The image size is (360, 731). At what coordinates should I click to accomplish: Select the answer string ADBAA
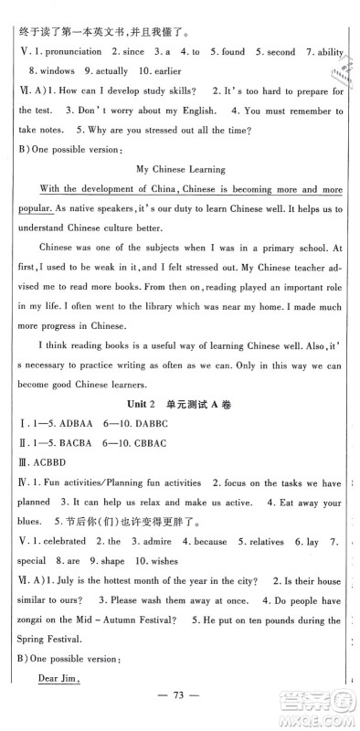click(x=75, y=451)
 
